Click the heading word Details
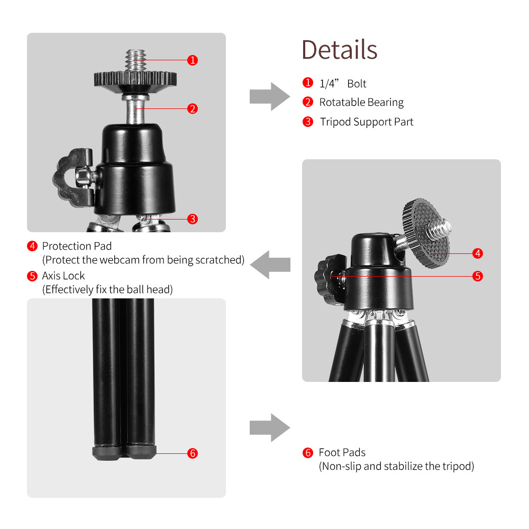coord(339,50)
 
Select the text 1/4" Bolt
coord(343,84)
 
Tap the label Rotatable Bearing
coord(361,102)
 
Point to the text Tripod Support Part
coord(367,122)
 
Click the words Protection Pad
coord(77,246)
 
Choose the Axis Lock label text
coord(63,276)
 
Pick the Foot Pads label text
coord(342,452)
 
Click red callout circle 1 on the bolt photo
coord(193,60)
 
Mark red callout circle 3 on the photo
coord(193,218)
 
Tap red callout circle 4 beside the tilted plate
coord(477,253)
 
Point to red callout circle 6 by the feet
coord(193,453)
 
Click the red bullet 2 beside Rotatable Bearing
coord(308,102)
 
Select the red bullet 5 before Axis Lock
coord(32,276)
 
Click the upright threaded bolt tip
coord(135,58)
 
